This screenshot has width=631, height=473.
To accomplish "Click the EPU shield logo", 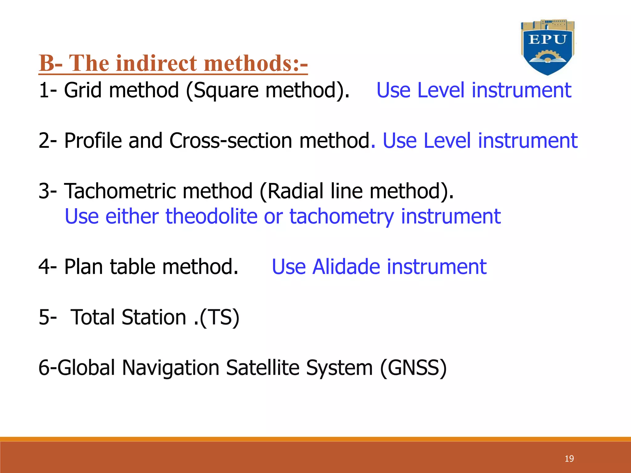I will click(548, 48).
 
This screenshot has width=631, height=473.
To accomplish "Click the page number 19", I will click(569, 459).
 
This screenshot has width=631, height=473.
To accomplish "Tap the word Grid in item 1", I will click(83, 90).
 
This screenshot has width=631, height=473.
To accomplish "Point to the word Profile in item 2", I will click(93, 141).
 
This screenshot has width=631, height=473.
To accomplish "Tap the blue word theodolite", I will click(211, 216).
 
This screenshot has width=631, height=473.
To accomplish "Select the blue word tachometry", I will click(341, 217).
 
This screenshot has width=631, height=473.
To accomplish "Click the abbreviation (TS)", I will click(220, 317).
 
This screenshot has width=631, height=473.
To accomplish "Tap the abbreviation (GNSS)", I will click(413, 368).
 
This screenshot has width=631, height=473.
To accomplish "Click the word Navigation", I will click(170, 368).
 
